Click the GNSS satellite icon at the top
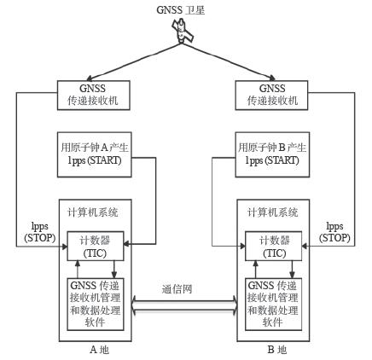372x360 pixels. [x=183, y=33]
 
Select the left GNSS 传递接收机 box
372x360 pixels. [x=93, y=94]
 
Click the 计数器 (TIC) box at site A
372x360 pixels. [x=94, y=247]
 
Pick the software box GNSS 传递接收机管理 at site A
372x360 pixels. [x=96, y=305]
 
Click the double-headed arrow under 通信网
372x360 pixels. [x=184, y=305]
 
